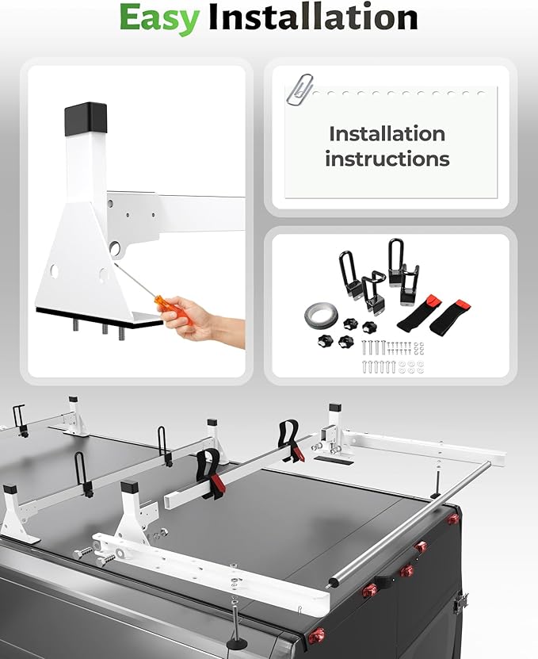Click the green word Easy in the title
(159, 18)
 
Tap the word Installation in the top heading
(313, 17)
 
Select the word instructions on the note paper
(387, 159)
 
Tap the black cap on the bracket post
(86, 119)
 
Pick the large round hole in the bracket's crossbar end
(116, 247)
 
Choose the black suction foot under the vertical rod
(237, 642)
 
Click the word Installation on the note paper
(387, 134)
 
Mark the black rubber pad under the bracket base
(100, 317)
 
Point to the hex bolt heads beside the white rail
(90, 556)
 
